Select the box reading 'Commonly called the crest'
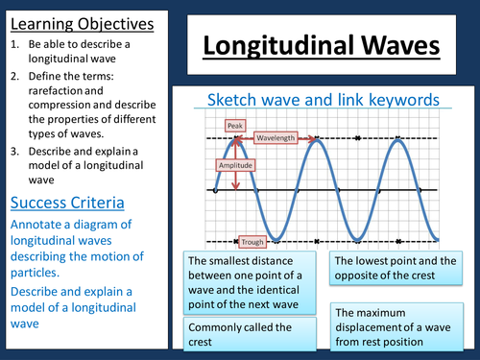[250, 334]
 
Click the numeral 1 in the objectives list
[14, 44]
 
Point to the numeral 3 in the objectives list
[14, 149]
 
